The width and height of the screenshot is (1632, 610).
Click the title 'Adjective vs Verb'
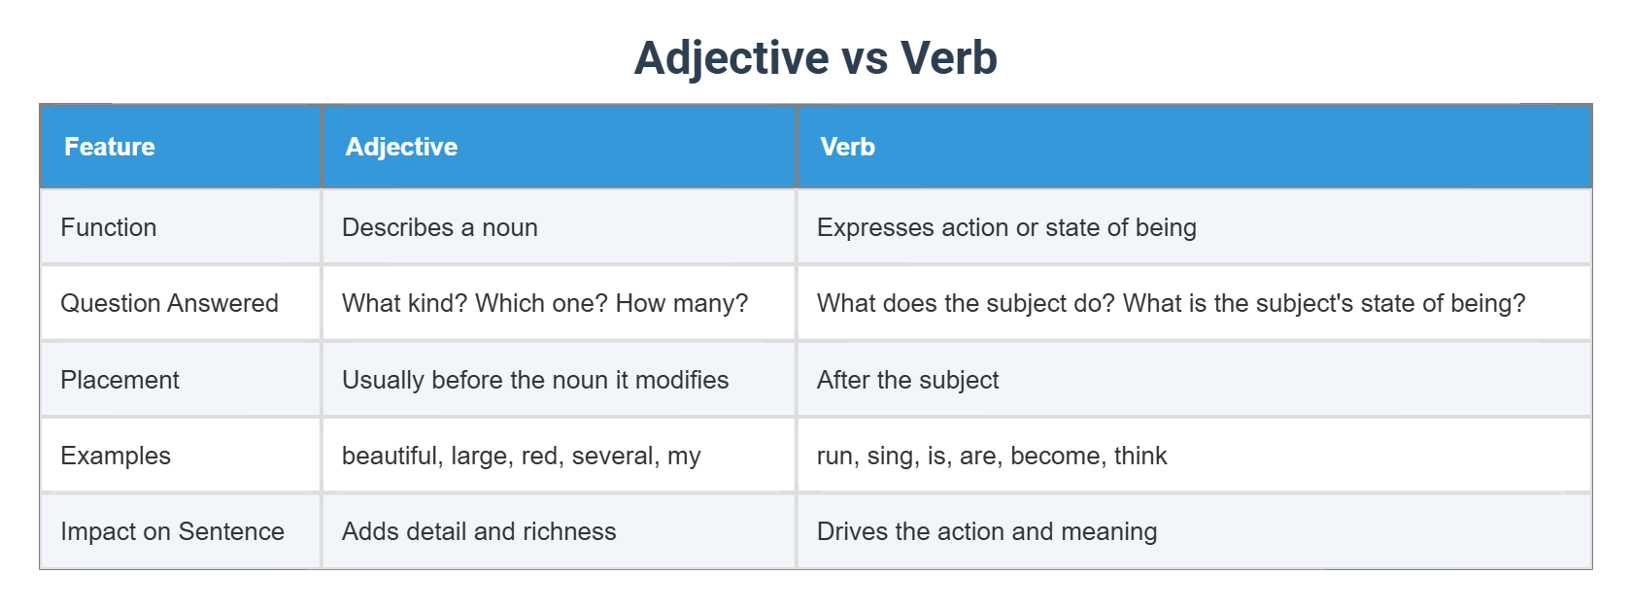[x=815, y=57]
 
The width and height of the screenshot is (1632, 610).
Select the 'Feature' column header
[x=110, y=147]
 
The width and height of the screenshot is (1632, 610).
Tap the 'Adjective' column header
[x=401, y=147]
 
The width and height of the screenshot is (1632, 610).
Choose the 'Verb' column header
[x=847, y=147]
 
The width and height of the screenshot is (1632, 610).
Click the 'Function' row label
[x=108, y=227]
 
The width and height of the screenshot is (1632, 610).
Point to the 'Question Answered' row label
[x=169, y=303]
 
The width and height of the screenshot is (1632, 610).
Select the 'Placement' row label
[x=119, y=380]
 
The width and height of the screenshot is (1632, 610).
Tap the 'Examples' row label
[x=116, y=456]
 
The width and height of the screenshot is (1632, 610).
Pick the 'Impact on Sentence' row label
[x=172, y=531]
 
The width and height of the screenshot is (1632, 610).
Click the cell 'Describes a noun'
[x=439, y=227]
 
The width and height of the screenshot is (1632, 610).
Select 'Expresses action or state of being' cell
[x=1006, y=227]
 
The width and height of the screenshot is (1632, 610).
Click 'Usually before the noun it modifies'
[x=534, y=380]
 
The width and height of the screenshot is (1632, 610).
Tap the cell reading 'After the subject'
[x=907, y=380]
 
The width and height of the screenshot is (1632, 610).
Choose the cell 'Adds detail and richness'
[x=479, y=531]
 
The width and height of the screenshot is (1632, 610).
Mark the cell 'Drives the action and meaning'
[x=987, y=531]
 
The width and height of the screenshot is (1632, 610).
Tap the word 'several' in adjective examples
[x=612, y=456]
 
